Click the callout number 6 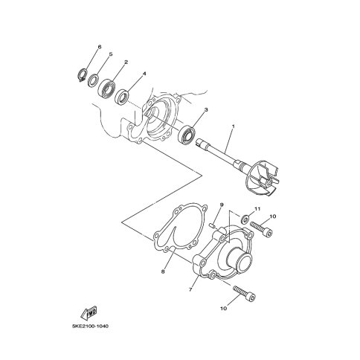(100, 47)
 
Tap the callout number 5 (111, 54)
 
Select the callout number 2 (126, 62)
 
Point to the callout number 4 (144, 74)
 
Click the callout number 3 (206, 109)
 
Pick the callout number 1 (233, 126)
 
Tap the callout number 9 (222, 205)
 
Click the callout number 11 (257, 209)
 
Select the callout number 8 (163, 271)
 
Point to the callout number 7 (190, 289)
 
